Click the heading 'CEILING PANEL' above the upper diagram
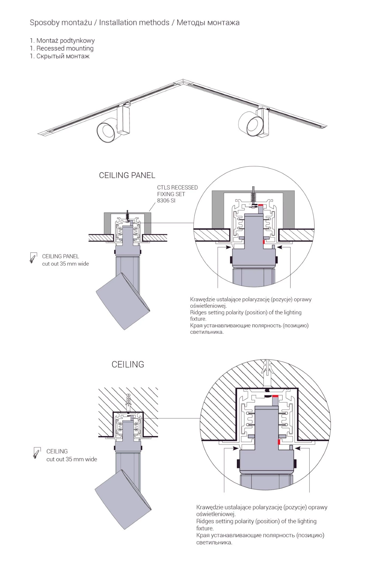[127, 175]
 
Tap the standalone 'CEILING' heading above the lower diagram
[128, 364]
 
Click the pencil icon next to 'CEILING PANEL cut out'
[33, 258]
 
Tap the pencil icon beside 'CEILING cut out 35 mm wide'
[37, 453]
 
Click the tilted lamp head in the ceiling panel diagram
[123, 301]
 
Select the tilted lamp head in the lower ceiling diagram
[123, 499]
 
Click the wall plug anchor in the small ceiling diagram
[128, 401]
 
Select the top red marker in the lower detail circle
[275, 396]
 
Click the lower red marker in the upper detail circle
[264, 242]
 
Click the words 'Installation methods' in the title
[134, 22]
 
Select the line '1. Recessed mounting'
[62, 48]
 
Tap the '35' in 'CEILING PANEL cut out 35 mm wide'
[63, 264]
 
